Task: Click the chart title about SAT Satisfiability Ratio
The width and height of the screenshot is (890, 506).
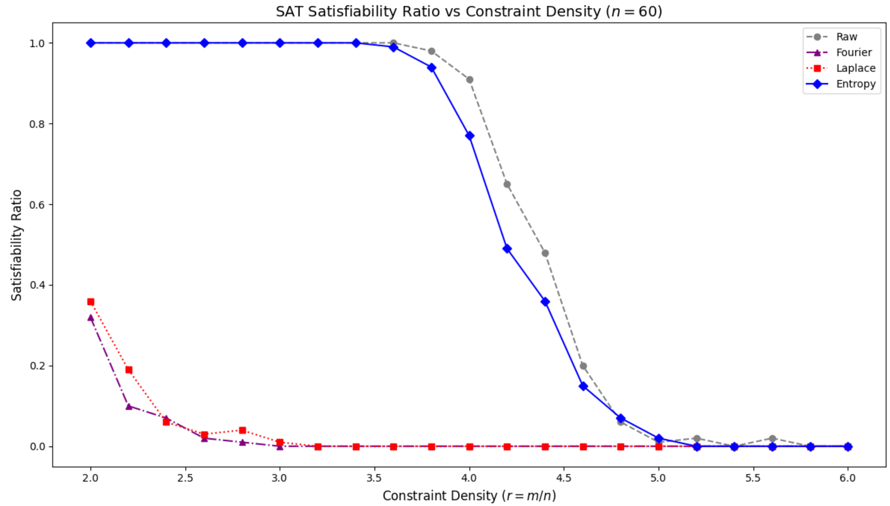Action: point(469,12)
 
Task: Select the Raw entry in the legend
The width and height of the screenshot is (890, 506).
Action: point(846,37)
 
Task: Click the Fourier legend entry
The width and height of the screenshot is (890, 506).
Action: point(853,53)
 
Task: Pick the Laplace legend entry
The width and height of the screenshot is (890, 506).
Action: point(856,68)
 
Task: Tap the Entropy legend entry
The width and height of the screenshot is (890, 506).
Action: point(856,84)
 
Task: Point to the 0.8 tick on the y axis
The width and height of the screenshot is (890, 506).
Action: point(37,124)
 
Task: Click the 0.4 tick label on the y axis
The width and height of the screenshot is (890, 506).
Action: point(37,285)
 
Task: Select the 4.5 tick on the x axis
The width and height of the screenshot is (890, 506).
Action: point(564,478)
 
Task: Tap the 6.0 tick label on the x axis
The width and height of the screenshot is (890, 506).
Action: point(848,478)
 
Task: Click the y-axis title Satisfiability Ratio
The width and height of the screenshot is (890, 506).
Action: point(17,245)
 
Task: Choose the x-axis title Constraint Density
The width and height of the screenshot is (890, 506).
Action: point(469,496)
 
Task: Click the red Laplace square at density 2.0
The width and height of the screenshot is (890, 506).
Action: point(91,302)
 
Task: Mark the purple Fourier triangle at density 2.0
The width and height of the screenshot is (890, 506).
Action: point(91,318)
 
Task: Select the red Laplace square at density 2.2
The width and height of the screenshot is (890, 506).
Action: point(129,370)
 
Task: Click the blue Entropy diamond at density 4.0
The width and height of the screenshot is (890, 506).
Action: point(470,136)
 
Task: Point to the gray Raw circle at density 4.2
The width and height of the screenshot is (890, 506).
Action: point(507,184)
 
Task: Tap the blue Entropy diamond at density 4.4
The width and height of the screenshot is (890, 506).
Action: point(545,302)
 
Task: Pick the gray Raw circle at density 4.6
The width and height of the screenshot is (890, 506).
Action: point(583,366)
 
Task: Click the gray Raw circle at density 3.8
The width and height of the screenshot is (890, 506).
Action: point(432,51)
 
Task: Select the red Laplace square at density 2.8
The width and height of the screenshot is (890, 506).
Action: point(243,430)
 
